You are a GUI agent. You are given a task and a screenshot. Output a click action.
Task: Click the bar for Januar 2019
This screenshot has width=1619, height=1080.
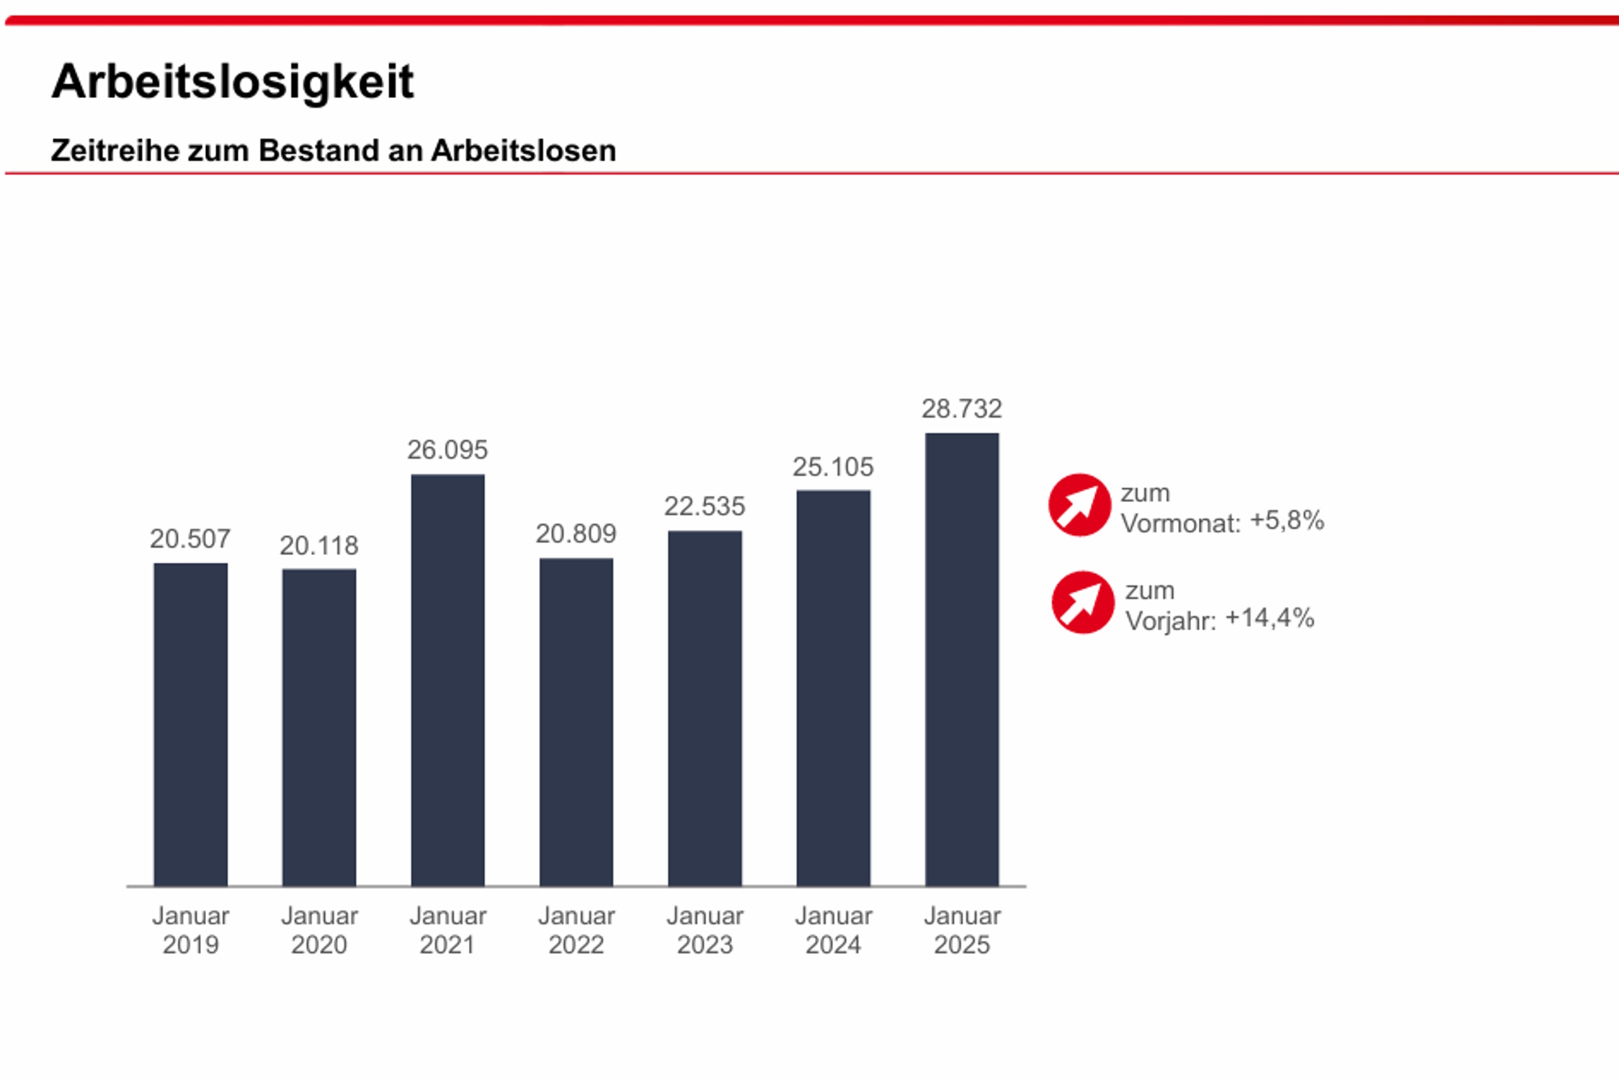(190, 724)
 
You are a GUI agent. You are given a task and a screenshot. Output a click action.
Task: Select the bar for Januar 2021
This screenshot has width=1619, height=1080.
(447, 680)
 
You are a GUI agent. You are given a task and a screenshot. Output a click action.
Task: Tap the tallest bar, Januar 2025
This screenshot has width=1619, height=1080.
(962, 659)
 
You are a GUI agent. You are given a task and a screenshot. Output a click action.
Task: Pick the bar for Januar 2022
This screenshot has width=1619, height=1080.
(576, 721)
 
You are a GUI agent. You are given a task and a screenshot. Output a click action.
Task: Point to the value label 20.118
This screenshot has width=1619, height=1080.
(318, 546)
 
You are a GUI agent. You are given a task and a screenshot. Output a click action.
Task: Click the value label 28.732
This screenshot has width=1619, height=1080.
(962, 409)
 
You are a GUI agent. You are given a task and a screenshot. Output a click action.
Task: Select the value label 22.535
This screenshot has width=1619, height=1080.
(704, 506)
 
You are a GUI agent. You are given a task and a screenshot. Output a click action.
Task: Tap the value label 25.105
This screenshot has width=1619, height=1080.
(833, 467)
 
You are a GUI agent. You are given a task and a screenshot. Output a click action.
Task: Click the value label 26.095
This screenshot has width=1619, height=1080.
(447, 450)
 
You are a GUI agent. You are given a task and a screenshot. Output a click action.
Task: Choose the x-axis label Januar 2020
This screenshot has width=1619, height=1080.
(318, 930)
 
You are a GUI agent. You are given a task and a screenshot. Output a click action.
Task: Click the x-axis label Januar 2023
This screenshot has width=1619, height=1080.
(704, 930)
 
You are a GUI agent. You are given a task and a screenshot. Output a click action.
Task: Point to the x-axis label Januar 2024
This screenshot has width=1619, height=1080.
(833, 930)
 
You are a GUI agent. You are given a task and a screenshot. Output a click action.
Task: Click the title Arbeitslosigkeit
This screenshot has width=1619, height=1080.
(233, 81)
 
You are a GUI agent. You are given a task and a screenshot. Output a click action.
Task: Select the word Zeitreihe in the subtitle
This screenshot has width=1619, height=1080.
(104, 150)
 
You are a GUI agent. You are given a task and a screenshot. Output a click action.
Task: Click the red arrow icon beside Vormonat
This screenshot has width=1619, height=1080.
(1079, 505)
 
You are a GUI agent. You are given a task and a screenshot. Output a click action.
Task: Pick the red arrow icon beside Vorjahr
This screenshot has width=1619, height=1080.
(1082, 602)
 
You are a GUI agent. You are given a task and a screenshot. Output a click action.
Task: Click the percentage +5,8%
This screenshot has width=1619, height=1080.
(1287, 520)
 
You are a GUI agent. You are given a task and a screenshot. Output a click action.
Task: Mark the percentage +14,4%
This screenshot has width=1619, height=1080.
(1270, 618)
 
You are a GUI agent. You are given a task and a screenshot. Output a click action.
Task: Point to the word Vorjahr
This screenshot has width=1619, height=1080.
(1170, 621)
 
